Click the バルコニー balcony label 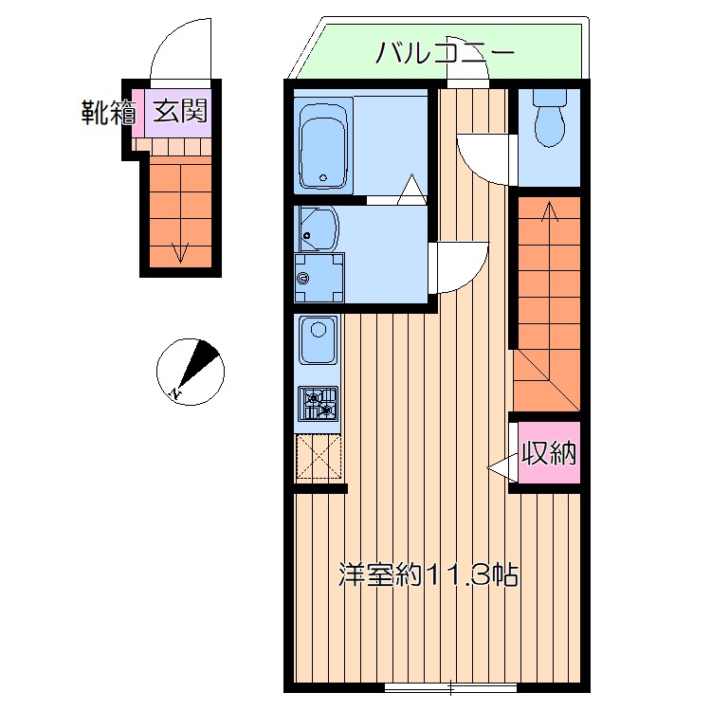click(446, 53)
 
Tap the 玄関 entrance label click(180, 111)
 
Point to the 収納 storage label click(549, 452)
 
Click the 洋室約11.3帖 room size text click(428, 574)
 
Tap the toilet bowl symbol click(549, 118)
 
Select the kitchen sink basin click(319, 340)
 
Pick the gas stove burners click(319, 404)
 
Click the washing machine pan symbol click(319, 278)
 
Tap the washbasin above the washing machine click(318, 228)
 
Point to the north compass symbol click(191, 372)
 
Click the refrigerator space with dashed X click(319, 457)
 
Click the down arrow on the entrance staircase click(181, 213)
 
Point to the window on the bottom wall click(450, 688)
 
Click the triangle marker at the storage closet click(501, 467)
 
